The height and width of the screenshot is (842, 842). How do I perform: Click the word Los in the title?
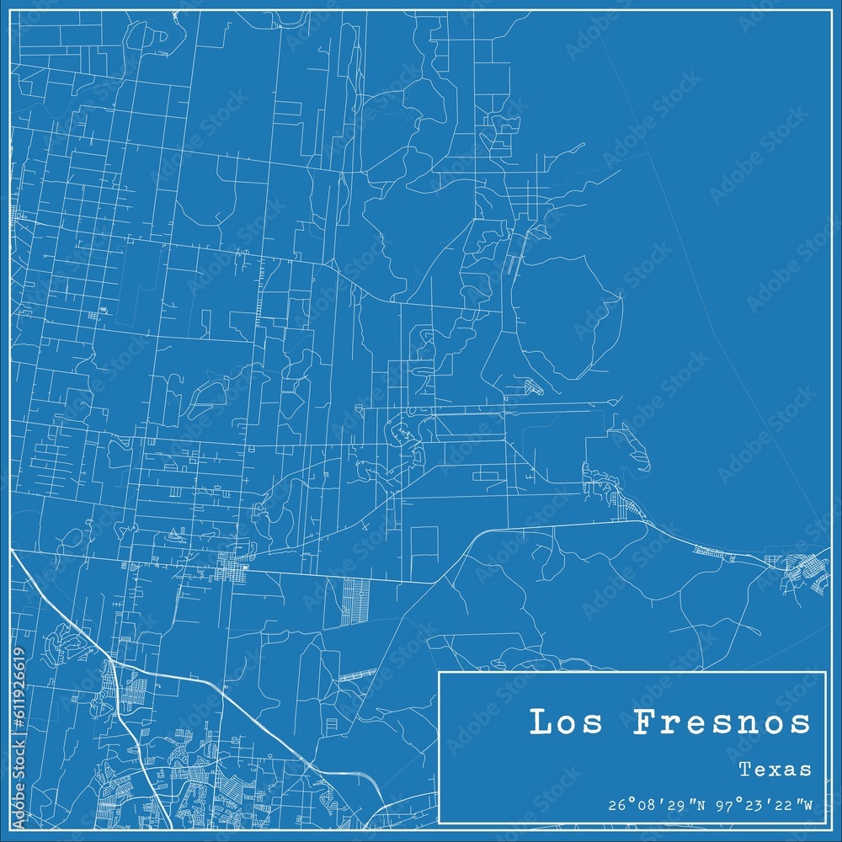point(559,722)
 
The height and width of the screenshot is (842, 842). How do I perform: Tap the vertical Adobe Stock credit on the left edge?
point(19,783)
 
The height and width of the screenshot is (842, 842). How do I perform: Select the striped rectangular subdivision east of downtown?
point(356,601)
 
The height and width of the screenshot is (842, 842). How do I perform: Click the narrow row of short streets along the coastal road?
point(715,552)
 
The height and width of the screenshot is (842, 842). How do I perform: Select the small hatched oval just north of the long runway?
point(532,387)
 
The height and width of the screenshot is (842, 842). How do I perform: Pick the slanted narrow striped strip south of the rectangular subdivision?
point(357,674)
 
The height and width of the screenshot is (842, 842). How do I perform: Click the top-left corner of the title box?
point(440,672)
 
